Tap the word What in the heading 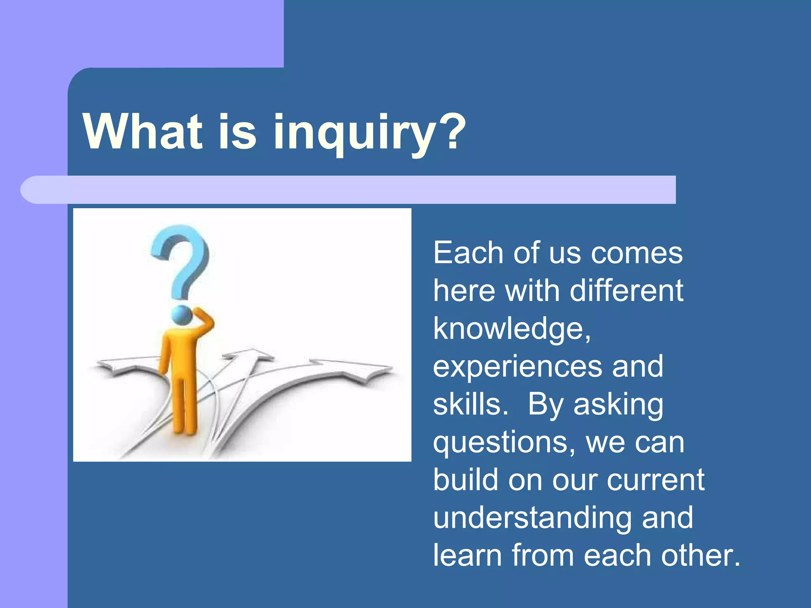(143, 132)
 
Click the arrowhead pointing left (109, 365)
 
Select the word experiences (517, 367)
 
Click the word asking (618, 404)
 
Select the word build (466, 480)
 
